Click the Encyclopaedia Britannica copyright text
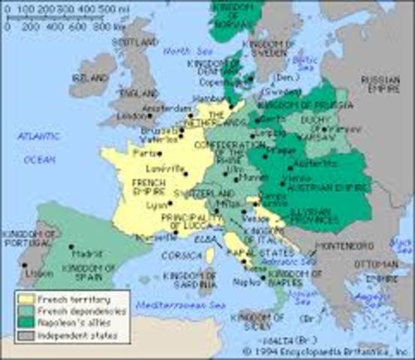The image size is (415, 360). click(327, 350)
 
